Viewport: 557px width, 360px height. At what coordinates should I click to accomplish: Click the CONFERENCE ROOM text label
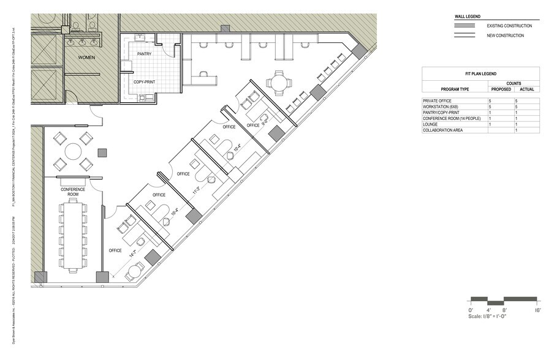(72, 192)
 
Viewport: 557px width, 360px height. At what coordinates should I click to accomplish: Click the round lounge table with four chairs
(72, 151)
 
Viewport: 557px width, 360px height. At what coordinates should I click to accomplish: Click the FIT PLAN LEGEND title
(480, 72)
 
